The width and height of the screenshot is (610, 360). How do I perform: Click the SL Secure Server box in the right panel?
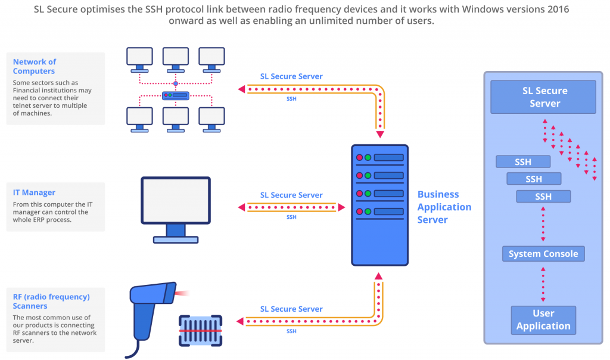click(543, 97)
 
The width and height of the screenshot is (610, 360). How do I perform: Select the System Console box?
click(543, 254)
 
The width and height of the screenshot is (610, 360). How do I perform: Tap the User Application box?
click(543, 320)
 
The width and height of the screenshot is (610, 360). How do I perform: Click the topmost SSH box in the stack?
click(523, 162)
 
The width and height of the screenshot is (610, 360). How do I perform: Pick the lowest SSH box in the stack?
click(543, 197)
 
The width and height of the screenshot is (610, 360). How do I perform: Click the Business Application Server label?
click(444, 207)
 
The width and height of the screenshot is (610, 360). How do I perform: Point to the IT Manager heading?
click(34, 193)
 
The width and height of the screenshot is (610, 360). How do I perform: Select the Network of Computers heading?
click(35, 66)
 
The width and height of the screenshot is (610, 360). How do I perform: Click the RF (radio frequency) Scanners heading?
click(51, 301)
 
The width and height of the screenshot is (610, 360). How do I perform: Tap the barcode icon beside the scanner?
click(200, 331)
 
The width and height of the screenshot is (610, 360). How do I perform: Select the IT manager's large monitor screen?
click(176, 201)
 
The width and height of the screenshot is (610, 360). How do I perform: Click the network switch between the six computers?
click(176, 95)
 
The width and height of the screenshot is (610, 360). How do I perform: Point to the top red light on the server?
click(359, 157)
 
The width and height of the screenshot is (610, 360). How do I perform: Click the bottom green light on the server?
click(368, 212)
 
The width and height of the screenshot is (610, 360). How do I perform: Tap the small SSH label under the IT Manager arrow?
click(291, 217)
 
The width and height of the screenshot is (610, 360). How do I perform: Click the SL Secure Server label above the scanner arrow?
click(291, 309)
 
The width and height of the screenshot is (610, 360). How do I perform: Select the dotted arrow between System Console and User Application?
click(543, 284)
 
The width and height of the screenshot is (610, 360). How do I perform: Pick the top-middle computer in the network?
click(176, 60)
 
